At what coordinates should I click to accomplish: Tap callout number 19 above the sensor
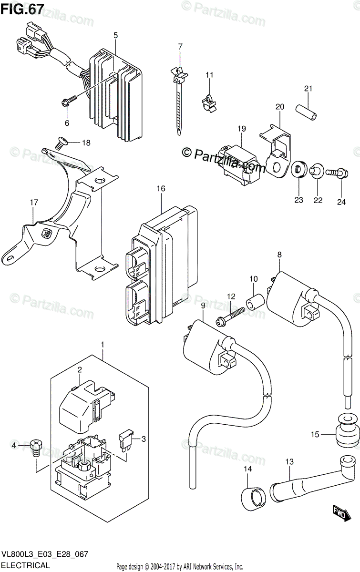point(241,129)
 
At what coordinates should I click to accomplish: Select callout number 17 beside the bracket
point(33,203)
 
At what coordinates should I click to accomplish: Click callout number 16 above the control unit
point(160,189)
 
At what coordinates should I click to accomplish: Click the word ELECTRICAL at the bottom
point(26,565)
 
